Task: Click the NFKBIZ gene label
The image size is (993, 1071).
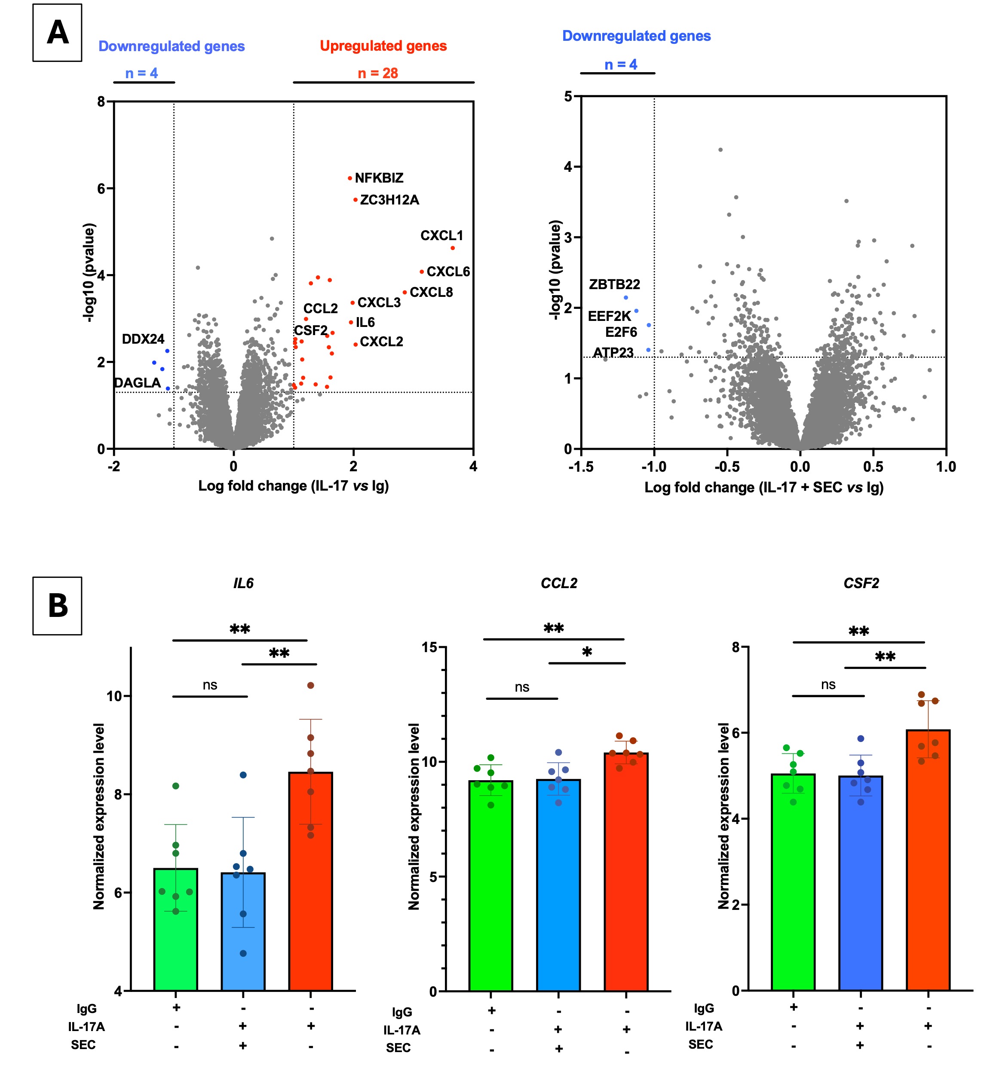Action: click(379, 178)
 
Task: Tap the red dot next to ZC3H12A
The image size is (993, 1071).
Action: click(355, 200)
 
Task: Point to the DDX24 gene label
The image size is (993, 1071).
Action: click(143, 339)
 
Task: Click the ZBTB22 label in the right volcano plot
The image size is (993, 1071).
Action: click(614, 284)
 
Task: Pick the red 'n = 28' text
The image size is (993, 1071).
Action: click(378, 73)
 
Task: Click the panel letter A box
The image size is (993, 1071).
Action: click(58, 33)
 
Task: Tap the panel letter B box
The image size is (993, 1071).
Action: click(58, 606)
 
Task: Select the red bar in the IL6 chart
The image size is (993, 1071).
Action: click(310, 881)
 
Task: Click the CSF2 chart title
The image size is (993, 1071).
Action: click(861, 583)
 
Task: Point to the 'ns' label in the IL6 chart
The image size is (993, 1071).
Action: click(210, 685)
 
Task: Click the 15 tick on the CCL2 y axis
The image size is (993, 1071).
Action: click(429, 647)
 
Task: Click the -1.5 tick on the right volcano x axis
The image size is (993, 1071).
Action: click(581, 466)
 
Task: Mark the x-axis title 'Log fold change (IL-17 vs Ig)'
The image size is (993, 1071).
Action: click(293, 486)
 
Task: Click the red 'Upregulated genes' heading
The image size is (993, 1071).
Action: click(383, 46)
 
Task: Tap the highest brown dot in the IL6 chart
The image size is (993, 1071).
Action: click(310, 685)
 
